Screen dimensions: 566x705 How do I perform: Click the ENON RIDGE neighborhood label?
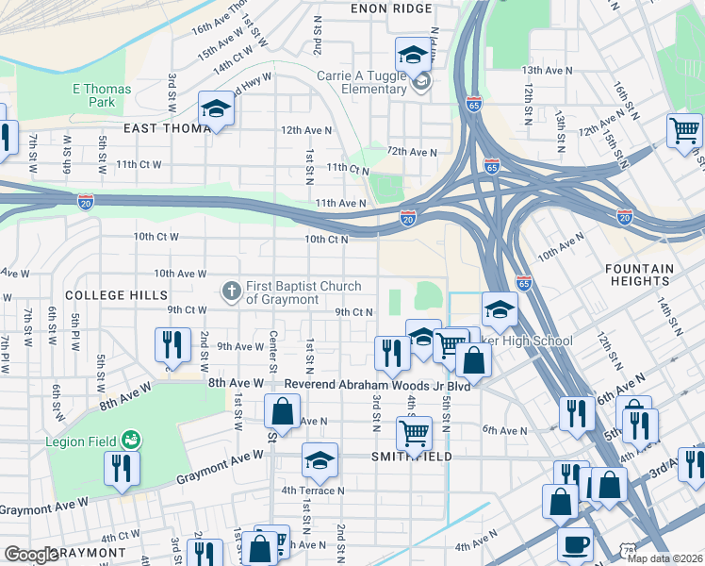(390, 8)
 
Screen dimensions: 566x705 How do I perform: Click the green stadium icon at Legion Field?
(132, 441)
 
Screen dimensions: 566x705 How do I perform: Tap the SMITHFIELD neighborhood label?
(412, 457)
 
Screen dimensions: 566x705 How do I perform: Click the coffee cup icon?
(574, 544)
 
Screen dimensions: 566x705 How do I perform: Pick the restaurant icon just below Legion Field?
(122, 469)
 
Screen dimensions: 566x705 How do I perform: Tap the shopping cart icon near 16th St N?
(683, 130)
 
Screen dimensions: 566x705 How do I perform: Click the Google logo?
(31, 556)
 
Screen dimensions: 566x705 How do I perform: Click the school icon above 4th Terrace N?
(320, 459)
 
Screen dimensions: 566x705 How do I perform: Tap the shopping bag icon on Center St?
(282, 410)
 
